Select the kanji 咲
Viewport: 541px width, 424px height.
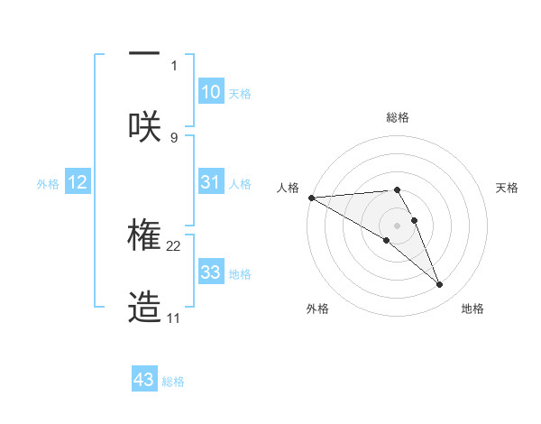[x=144, y=125]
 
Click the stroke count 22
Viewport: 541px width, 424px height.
[x=174, y=245]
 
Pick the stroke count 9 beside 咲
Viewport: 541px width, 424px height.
[x=174, y=137]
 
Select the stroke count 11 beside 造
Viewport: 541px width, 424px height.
[x=174, y=318]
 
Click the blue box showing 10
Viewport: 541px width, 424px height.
[x=210, y=92]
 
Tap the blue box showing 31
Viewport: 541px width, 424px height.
[x=210, y=182]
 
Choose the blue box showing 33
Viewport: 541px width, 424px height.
[x=210, y=272]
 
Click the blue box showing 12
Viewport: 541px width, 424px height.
[x=78, y=182]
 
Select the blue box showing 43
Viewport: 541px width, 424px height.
[x=143, y=380]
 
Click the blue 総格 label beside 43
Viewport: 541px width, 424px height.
[x=173, y=382]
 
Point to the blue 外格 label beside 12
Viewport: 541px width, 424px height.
[x=48, y=184]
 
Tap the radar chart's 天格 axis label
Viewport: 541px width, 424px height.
[x=508, y=188]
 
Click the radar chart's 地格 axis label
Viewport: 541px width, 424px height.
[x=472, y=309]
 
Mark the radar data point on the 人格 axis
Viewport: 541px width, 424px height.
[x=311, y=198]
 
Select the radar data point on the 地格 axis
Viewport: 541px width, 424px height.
[x=440, y=285]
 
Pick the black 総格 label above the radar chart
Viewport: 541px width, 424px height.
[x=398, y=117]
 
